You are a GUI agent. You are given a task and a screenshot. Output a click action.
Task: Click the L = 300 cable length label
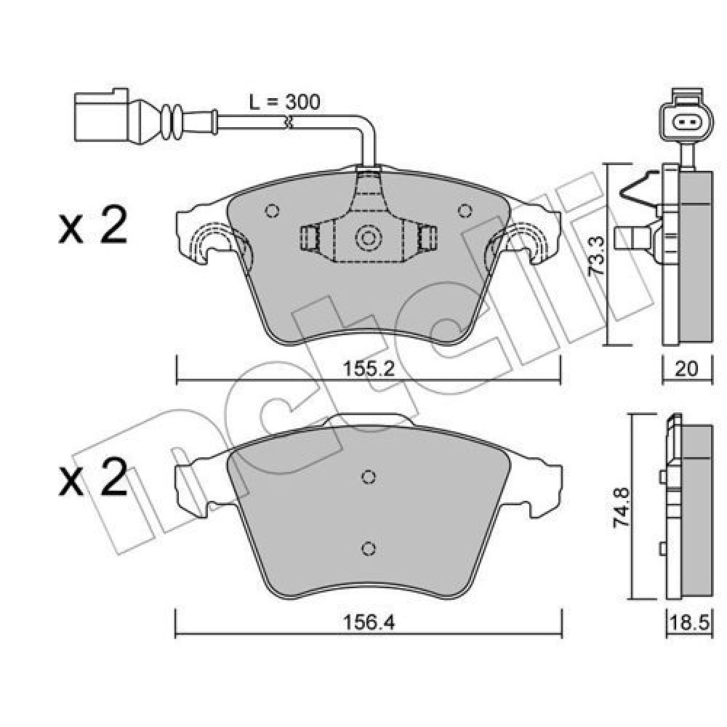pos(285,102)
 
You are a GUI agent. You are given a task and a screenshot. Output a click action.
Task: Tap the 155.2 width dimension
pos(369,369)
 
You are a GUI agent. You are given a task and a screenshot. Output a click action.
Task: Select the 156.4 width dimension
pos(369,623)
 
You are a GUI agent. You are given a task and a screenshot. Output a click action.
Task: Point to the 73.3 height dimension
pos(596,257)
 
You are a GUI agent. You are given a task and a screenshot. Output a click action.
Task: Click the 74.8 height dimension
pos(622,507)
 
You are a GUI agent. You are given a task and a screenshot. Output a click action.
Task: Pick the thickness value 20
pos(687,369)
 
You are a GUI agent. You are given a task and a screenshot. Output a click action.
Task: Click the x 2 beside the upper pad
pos(93,225)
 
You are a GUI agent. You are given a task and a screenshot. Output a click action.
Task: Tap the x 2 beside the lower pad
pos(93,477)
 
